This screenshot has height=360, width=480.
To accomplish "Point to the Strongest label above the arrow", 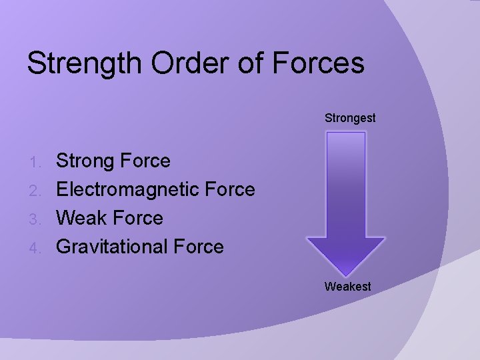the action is coord(350,118).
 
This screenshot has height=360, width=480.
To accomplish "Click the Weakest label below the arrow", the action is coord(347,287).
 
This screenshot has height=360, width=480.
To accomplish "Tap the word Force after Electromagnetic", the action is coord(230,189).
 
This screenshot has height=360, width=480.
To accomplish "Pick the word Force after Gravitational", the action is coord(198,247).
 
